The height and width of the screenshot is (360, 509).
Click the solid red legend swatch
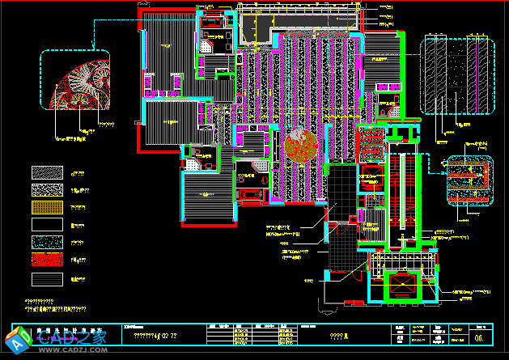(x=46, y=260)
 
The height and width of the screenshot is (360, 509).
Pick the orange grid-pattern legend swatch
(x=46, y=207)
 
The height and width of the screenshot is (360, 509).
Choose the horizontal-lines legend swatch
(x=46, y=278)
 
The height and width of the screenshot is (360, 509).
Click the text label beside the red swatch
(x=78, y=260)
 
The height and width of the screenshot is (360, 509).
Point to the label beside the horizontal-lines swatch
(x=78, y=278)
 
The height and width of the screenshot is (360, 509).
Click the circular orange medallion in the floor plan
(x=301, y=145)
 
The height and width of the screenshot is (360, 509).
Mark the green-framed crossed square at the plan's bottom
(x=401, y=286)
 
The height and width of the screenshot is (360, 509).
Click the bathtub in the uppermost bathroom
(x=213, y=23)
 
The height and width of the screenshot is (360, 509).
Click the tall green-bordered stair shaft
(x=401, y=194)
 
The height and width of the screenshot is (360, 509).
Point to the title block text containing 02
(x=155, y=335)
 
